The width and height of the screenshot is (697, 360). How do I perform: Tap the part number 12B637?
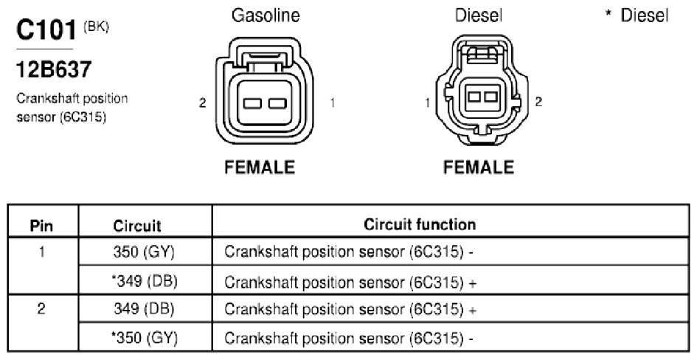tap(54, 70)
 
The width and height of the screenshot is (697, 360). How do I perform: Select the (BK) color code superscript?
tap(96, 27)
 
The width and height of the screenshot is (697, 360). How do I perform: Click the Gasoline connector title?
tap(266, 15)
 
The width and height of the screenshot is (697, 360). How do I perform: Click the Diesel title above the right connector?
tap(479, 15)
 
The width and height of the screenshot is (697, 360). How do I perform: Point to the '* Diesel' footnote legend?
tap(637, 15)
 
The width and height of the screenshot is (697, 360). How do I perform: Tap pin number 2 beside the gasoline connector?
tap(203, 103)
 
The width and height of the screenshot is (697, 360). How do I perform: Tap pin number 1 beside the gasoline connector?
tap(332, 103)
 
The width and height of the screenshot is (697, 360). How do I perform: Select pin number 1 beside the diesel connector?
tap(428, 103)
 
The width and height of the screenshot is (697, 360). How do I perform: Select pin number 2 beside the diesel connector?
tap(538, 102)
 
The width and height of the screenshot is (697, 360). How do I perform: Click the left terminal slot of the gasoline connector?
tap(252, 104)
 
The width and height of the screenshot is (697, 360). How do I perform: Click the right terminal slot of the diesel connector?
tap(490, 96)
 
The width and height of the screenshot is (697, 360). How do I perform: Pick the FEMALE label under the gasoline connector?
tap(260, 167)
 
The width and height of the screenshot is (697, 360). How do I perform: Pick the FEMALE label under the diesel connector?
tap(479, 167)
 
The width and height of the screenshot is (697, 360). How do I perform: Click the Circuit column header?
tap(137, 226)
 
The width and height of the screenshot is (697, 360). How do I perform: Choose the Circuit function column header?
tap(420, 224)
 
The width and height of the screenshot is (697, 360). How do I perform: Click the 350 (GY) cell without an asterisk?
tap(144, 252)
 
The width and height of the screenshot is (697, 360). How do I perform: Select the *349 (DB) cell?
tap(144, 281)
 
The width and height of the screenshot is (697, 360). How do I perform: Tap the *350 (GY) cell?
tap(144, 338)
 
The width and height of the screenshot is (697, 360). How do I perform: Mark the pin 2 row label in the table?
tap(41, 309)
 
